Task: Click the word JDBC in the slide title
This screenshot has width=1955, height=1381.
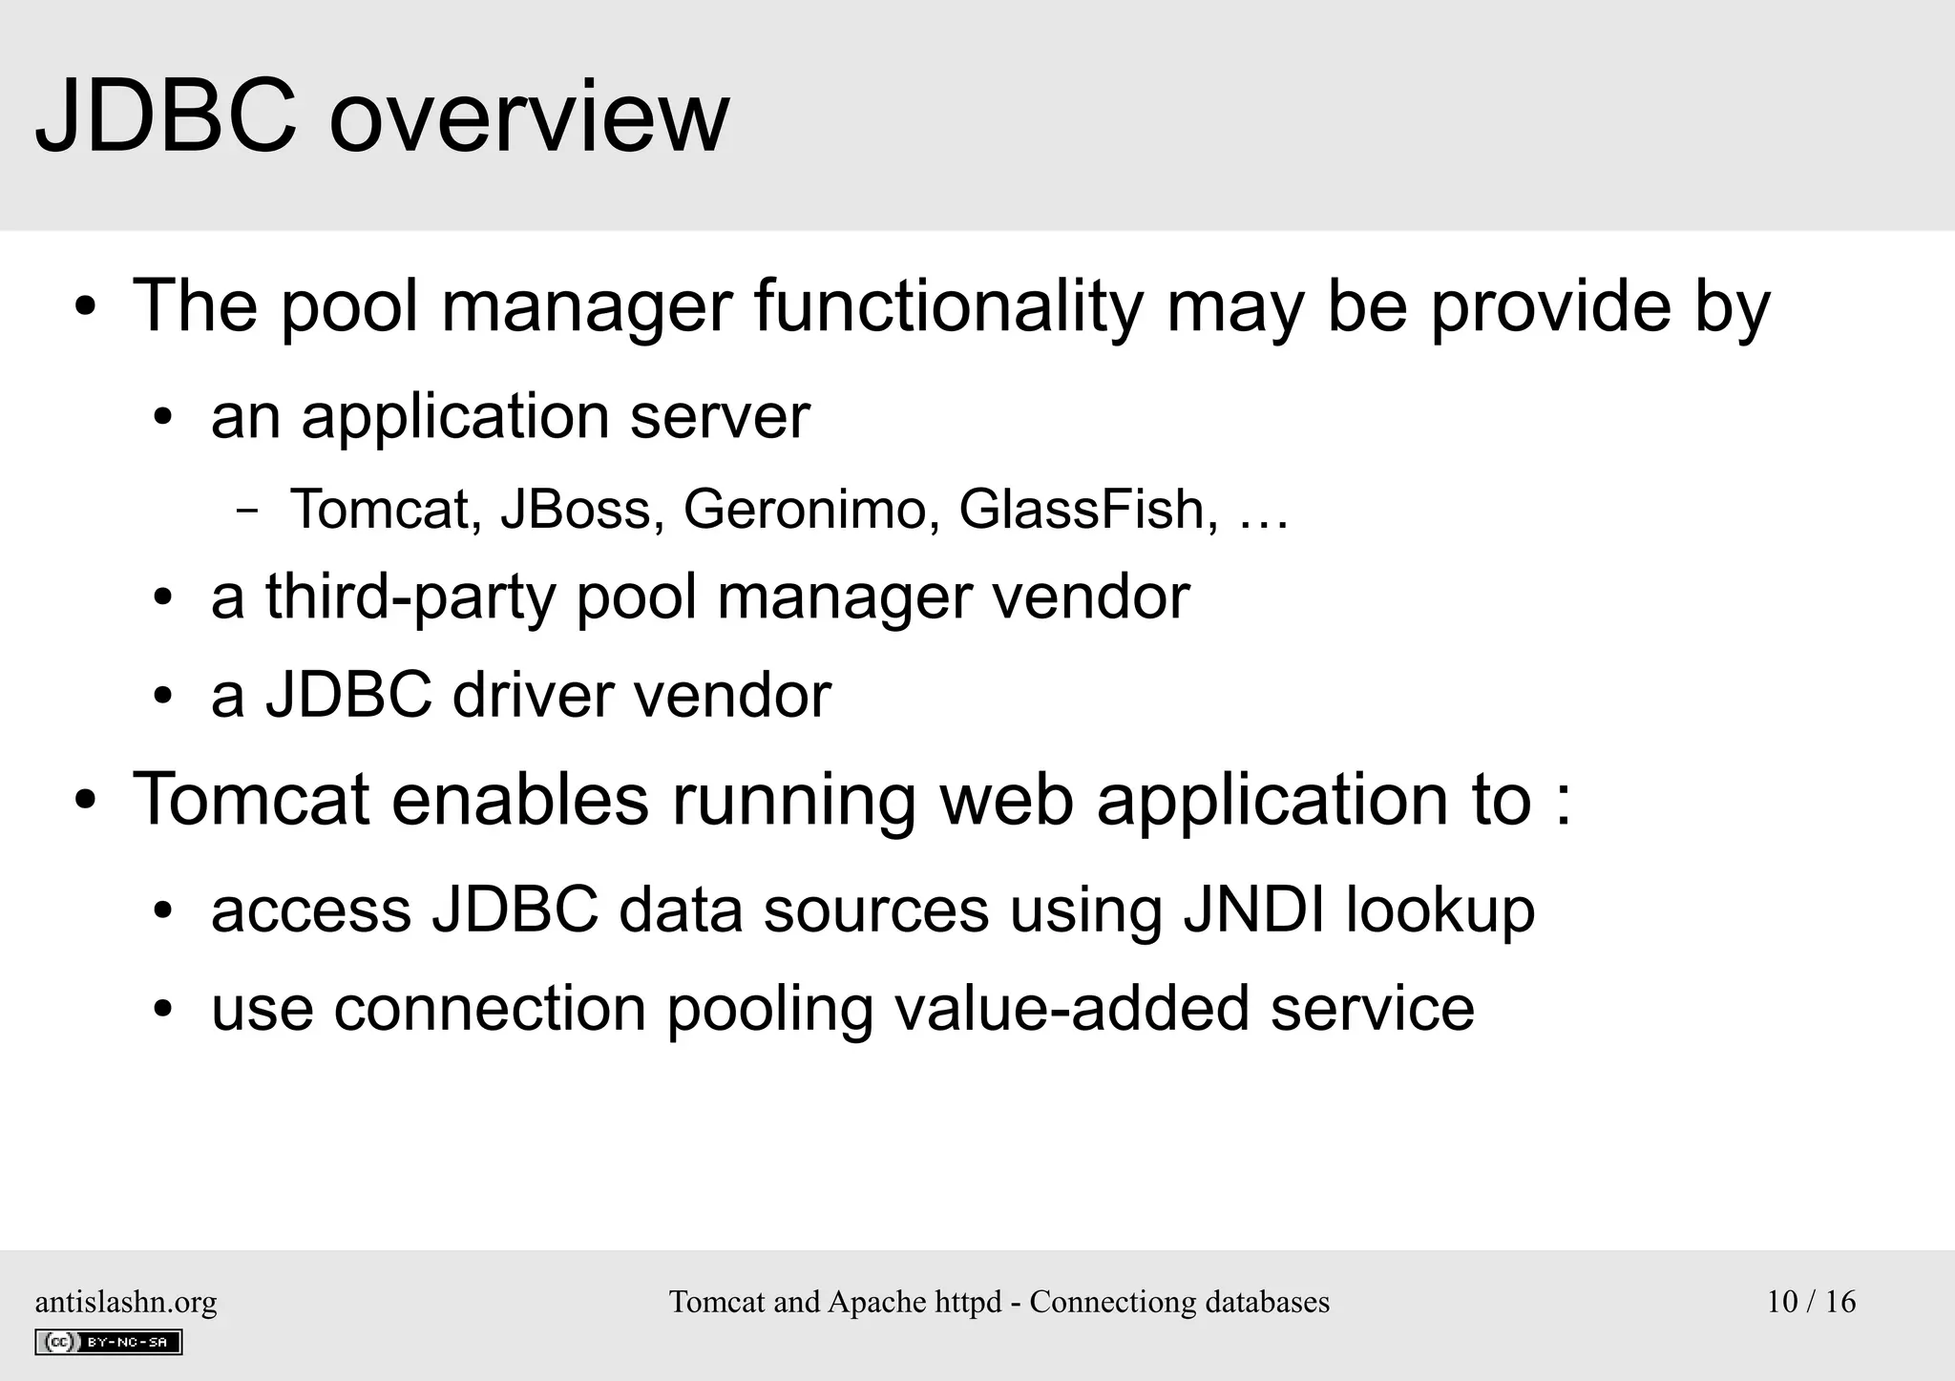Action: tap(165, 117)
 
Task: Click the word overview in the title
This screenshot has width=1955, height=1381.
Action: tap(529, 117)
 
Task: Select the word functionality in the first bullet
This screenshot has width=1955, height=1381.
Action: tap(948, 306)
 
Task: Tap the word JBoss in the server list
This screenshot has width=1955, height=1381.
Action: tap(581, 509)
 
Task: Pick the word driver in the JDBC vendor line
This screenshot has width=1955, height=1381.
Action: tap(532, 695)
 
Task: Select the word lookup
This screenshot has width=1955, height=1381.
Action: tap(1440, 911)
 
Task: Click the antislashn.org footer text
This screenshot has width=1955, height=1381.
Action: tap(126, 1302)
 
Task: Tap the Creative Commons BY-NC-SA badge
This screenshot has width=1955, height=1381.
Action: tap(109, 1342)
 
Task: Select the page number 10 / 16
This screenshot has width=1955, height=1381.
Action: tap(1811, 1302)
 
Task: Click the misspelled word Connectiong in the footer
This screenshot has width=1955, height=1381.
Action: tap(1112, 1303)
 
